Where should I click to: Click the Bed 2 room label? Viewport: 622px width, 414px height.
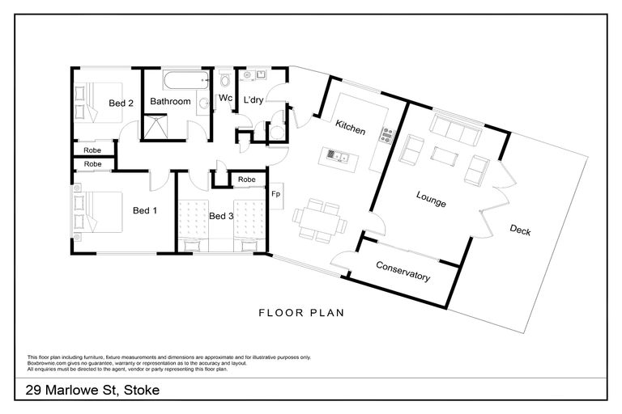(121, 103)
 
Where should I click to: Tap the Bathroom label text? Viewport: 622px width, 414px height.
(170, 102)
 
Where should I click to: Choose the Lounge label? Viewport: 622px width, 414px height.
(431, 199)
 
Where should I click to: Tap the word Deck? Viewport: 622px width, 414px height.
(520, 230)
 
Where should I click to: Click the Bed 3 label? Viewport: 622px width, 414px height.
(221, 216)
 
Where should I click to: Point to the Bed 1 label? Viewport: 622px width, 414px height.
(144, 211)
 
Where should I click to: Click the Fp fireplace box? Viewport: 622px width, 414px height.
(276, 194)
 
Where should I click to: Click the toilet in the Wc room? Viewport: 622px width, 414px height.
(225, 80)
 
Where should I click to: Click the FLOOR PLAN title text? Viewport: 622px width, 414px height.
(301, 312)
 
